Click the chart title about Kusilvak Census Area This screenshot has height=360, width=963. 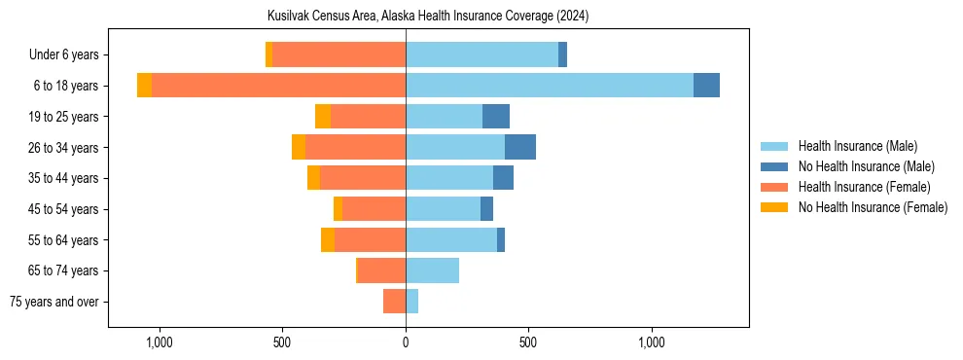[428, 17]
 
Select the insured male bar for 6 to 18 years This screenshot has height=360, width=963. [550, 86]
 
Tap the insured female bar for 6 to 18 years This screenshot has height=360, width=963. [278, 86]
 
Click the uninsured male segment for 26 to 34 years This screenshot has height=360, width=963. [520, 147]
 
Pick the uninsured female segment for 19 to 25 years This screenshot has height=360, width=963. [323, 117]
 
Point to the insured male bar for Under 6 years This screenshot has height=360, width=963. [481, 55]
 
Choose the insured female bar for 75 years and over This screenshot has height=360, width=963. [394, 302]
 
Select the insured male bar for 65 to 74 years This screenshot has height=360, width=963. [432, 270]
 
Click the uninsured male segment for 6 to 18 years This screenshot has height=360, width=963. [706, 86]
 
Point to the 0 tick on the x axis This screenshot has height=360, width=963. [406, 342]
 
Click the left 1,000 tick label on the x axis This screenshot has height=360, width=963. [159, 342]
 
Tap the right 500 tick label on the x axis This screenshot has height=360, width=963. [528, 342]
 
